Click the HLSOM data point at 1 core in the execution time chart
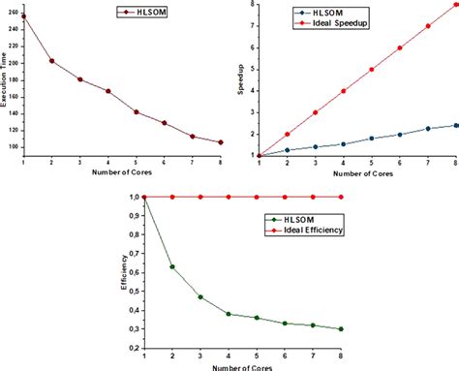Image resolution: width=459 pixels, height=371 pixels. click(x=23, y=16)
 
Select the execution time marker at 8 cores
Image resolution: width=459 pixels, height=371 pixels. click(x=222, y=142)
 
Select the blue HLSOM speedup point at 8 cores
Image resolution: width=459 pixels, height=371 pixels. click(x=455, y=125)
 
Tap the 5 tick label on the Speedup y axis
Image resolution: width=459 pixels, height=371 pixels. click(x=251, y=69)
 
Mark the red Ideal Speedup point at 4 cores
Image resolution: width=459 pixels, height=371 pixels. click(x=343, y=91)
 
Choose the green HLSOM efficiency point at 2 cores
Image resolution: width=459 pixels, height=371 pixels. click(x=172, y=266)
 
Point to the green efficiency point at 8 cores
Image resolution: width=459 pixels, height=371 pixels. click(x=342, y=329)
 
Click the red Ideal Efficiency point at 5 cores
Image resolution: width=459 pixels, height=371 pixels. click(x=257, y=197)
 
